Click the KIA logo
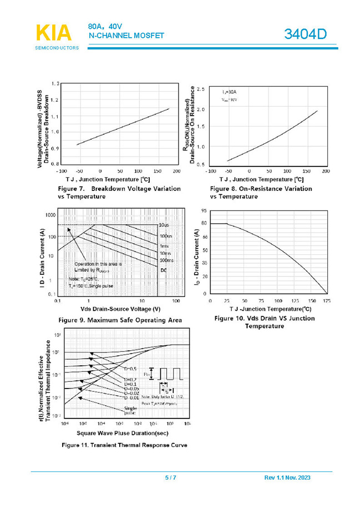(x=54, y=33)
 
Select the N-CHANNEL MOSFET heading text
(x=126, y=36)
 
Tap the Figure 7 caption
(x=111, y=193)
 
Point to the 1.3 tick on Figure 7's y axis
(x=55, y=84)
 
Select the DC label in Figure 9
(x=164, y=270)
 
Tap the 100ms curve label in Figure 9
(x=166, y=260)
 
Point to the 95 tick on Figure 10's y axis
(x=205, y=211)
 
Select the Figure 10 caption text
(x=264, y=322)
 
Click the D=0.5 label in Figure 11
(x=130, y=369)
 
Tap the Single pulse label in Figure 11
(x=131, y=410)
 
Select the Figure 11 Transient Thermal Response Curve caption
(x=124, y=445)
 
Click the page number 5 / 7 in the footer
(x=170, y=478)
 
